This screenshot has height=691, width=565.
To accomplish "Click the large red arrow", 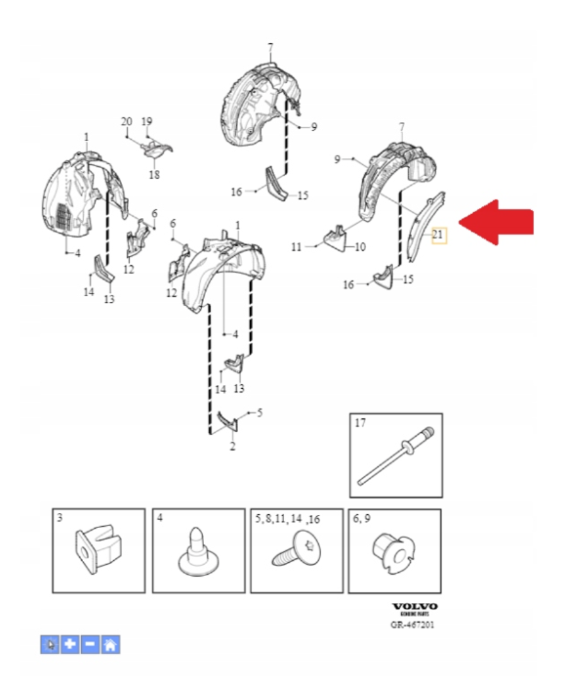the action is pos(496,222).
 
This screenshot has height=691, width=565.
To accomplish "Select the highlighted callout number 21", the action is pos(437,235).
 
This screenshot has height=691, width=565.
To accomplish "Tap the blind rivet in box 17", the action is pos(395,456).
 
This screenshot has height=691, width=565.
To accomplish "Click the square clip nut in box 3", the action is pos(98,549).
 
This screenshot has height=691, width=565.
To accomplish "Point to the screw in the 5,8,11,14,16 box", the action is pos(296,549).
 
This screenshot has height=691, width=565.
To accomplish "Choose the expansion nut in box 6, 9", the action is pos(394,553).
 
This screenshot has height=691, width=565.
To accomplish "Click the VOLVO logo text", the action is pos(415,607).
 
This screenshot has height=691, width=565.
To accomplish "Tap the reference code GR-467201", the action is pos(412,625).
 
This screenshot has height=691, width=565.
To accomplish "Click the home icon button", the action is pos(111,644).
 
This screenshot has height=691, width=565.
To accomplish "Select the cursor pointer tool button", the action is pos(50,644).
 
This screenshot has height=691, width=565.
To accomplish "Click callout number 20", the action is pos(126,122).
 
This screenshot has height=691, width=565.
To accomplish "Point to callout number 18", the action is pos(154,174).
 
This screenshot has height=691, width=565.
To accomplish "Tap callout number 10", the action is pos(360,247).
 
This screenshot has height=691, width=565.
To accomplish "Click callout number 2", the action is pos(232,446).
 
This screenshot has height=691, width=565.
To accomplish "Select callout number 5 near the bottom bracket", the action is pos(260,413).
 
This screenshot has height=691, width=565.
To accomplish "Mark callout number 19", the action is pos(147,122).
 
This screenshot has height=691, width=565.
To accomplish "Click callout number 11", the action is pos(297,247).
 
